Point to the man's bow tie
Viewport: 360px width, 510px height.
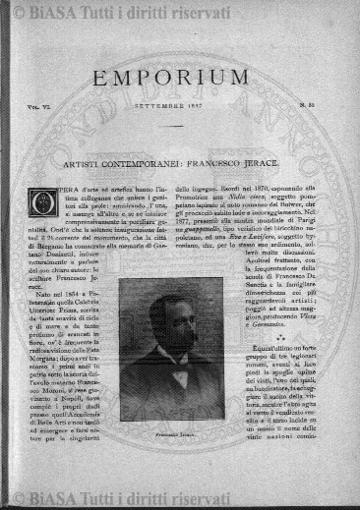point(178,376)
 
